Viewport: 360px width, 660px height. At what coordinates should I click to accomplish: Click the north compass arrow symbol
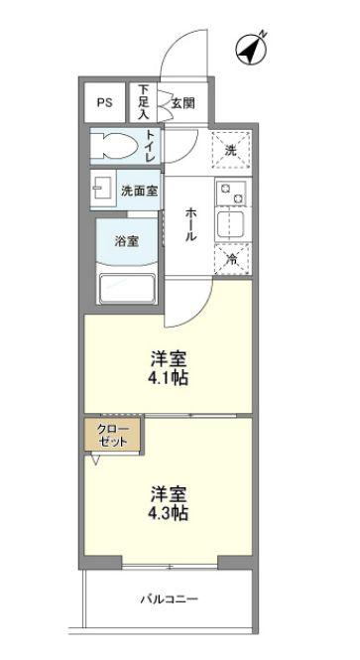pyautogui.click(x=252, y=50)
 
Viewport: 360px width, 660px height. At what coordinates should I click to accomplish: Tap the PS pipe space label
pyautogui.click(x=105, y=102)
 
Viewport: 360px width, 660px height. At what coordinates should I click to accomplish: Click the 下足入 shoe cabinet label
pyautogui.click(x=144, y=102)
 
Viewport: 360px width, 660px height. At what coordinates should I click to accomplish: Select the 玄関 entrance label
pyautogui.click(x=182, y=102)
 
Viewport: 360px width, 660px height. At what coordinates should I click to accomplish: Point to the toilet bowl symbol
pyautogui.click(x=116, y=146)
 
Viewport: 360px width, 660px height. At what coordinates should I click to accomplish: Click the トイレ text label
pyautogui.click(x=151, y=146)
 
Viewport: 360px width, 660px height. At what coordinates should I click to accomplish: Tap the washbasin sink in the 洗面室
pyautogui.click(x=103, y=189)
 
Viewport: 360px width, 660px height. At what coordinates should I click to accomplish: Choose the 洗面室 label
pyautogui.click(x=139, y=192)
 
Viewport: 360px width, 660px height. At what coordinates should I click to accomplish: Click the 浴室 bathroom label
pyautogui.click(x=127, y=241)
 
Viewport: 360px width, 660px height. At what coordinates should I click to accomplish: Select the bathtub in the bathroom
pyautogui.click(x=127, y=289)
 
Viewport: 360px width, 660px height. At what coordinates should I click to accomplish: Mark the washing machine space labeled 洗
pyautogui.click(x=230, y=150)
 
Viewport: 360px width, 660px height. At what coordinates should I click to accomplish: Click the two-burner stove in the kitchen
pyautogui.click(x=232, y=193)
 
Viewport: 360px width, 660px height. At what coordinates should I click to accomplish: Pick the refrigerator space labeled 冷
pyautogui.click(x=232, y=259)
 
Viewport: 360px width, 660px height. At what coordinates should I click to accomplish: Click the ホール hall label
pyautogui.click(x=189, y=223)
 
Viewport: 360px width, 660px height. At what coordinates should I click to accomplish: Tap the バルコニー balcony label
pyautogui.click(x=169, y=598)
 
